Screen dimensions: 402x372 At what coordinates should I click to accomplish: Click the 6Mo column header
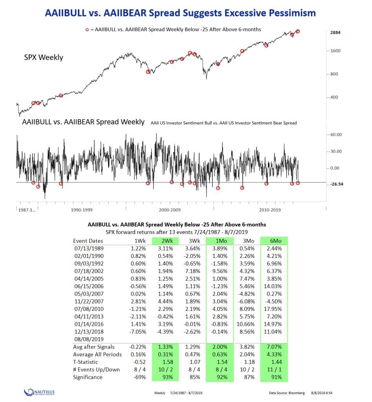[274, 241]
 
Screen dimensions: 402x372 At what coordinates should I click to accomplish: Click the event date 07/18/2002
[89, 271]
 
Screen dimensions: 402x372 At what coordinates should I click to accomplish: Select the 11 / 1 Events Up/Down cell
[274, 369]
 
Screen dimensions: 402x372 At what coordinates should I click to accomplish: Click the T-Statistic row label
[85, 362]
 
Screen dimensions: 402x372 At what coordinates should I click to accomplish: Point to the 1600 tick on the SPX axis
[336, 51]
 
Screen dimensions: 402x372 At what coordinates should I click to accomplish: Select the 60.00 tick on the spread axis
[337, 134]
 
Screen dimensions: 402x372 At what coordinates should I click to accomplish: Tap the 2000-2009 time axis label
[170, 210]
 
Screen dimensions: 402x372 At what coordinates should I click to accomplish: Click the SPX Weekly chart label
[44, 57]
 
